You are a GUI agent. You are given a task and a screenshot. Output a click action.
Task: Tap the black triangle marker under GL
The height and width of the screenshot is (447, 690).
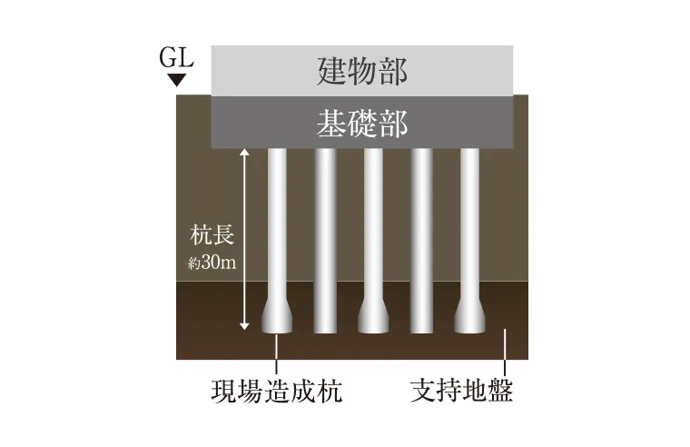[x=177, y=80]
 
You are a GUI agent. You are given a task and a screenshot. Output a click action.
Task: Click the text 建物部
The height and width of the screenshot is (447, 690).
[x=361, y=69]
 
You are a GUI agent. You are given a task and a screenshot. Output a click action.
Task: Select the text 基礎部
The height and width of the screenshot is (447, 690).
[x=361, y=122]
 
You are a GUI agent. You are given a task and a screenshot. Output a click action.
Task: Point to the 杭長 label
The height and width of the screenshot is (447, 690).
[x=213, y=237]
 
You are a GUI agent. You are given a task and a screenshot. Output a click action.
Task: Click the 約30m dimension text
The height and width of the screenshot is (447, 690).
[x=212, y=264]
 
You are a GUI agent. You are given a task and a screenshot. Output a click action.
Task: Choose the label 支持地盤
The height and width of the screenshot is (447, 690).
[x=461, y=392]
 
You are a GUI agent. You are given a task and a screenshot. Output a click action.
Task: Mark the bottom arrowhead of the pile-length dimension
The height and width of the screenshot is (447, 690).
[x=243, y=326]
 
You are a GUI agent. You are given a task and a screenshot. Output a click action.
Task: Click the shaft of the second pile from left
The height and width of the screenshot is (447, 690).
[x=325, y=236]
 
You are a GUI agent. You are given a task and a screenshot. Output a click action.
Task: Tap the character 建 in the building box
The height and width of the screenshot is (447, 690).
[x=332, y=69]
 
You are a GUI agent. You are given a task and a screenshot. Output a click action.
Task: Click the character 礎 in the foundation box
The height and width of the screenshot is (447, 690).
[x=361, y=122]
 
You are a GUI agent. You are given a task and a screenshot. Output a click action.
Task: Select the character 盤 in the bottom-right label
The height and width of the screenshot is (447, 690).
[x=500, y=392]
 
